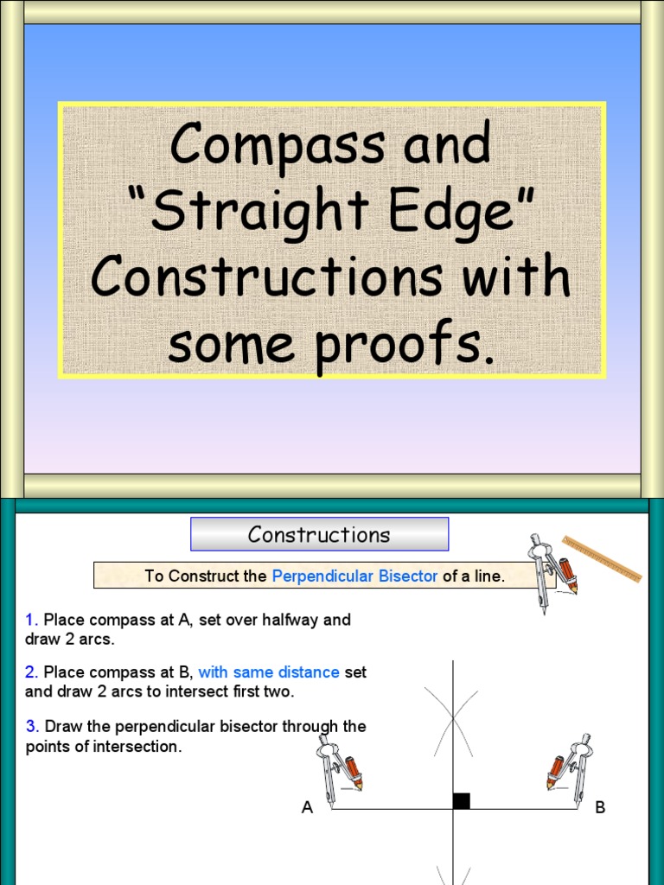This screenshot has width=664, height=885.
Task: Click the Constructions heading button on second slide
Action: point(319,534)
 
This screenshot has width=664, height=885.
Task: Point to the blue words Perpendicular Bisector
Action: point(354,576)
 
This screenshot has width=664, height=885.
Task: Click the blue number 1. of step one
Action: point(32,620)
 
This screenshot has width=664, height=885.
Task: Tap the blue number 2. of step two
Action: point(32,672)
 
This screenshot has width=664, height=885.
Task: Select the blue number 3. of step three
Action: point(32,726)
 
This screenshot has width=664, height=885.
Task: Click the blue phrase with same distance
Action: point(269,672)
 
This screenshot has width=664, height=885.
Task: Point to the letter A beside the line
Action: point(307,808)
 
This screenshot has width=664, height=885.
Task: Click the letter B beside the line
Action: point(600,808)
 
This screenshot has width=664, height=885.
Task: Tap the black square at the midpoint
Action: point(462,801)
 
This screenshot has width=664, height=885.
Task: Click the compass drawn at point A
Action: point(337,769)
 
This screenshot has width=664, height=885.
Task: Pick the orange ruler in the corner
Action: point(602,558)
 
